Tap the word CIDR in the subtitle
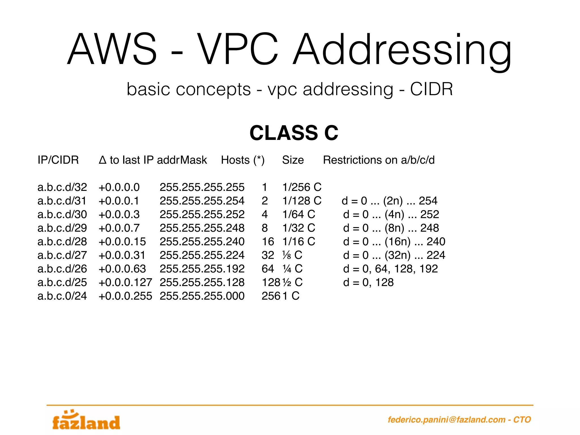[431, 89]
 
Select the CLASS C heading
[294, 133]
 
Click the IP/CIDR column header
[58, 160]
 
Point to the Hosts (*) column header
[243, 160]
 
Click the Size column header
[293, 160]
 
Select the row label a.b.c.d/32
[62, 187]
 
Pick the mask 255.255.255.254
[202, 201]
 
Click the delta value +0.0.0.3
[119, 214]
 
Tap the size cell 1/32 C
[299, 228]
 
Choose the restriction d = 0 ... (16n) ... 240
[394, 242]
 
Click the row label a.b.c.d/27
[62, 255]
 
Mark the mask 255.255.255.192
[202, 269]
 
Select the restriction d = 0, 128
[368, 282]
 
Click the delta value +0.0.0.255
[125, 296]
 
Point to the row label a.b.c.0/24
[62, 296]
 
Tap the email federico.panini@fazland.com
[446, 419]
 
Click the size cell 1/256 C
[302, 187]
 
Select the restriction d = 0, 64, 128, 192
[390, 269]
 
